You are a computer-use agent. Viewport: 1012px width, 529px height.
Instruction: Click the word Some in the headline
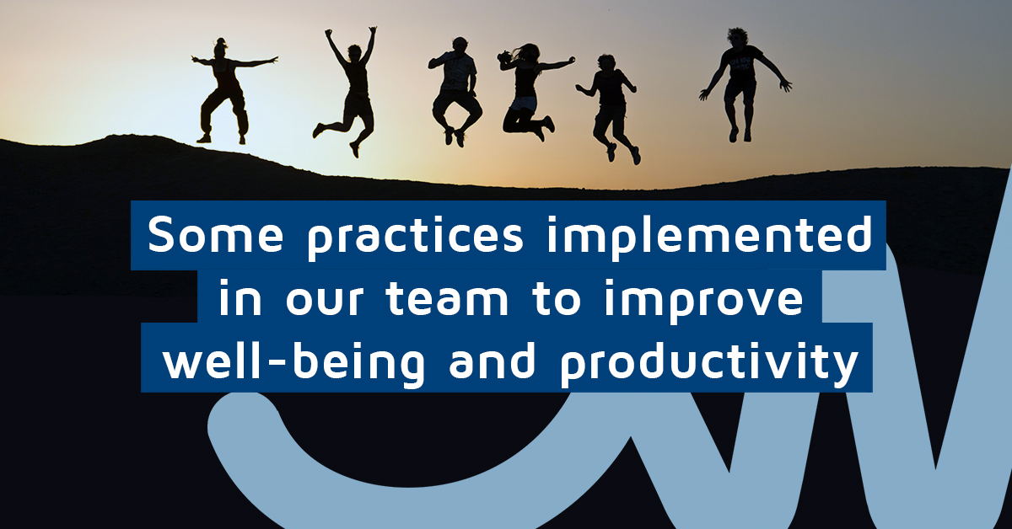pos(216,235)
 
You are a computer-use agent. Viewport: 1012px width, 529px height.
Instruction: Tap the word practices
pos(415,238)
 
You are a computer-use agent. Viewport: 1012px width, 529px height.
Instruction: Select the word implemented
pos(709,238)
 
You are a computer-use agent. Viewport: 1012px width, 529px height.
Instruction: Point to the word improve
pos(704,301)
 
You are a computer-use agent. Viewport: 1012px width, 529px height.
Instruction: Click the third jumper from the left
pos(454,90)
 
